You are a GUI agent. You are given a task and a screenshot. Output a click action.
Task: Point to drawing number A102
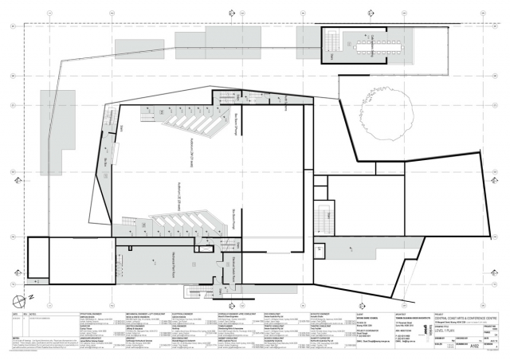click(476, 346)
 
